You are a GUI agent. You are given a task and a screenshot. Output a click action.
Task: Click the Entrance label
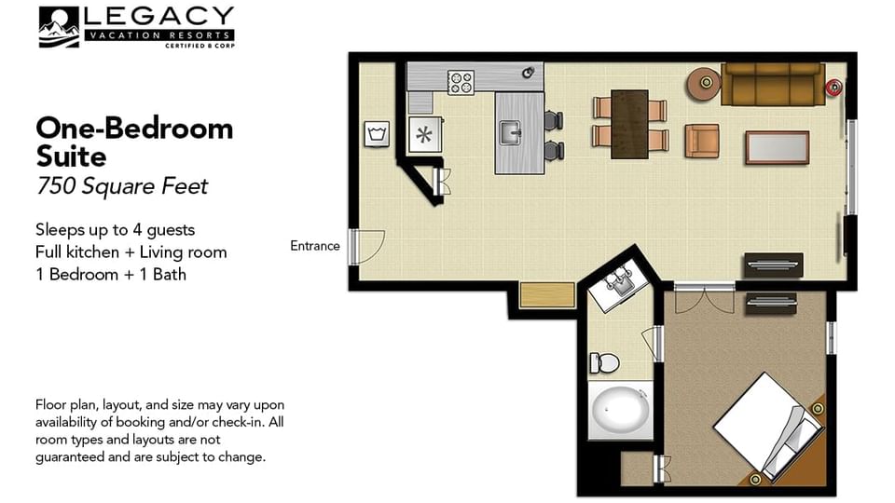pos(314,246)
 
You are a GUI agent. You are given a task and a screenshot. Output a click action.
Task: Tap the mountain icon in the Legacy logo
pos(59,27)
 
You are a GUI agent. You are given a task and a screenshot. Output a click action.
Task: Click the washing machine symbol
pos(377,134)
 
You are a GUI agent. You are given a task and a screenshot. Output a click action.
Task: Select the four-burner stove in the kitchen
pos(461,82)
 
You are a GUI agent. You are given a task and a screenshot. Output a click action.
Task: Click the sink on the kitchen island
pos(511,133)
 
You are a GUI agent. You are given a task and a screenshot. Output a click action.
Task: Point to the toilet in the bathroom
pos(604,362)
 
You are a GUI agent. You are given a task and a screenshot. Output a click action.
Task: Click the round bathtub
pos(620,411)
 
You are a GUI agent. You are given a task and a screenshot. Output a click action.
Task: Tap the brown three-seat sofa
pos(773,85)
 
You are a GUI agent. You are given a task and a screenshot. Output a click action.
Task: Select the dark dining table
pos(629,124)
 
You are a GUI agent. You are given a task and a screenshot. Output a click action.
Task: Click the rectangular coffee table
pos(777,148)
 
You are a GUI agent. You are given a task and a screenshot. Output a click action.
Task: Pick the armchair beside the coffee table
pos(701,141)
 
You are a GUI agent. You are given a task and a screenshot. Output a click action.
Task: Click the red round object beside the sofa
pos(833,88)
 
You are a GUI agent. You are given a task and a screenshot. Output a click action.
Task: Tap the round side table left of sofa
pos(705,84)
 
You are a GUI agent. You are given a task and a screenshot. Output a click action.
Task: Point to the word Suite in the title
pos(71,156)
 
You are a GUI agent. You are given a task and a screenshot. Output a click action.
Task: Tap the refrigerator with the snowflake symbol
pos(425,134)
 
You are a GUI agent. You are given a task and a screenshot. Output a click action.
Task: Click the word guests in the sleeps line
pos(171,230)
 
